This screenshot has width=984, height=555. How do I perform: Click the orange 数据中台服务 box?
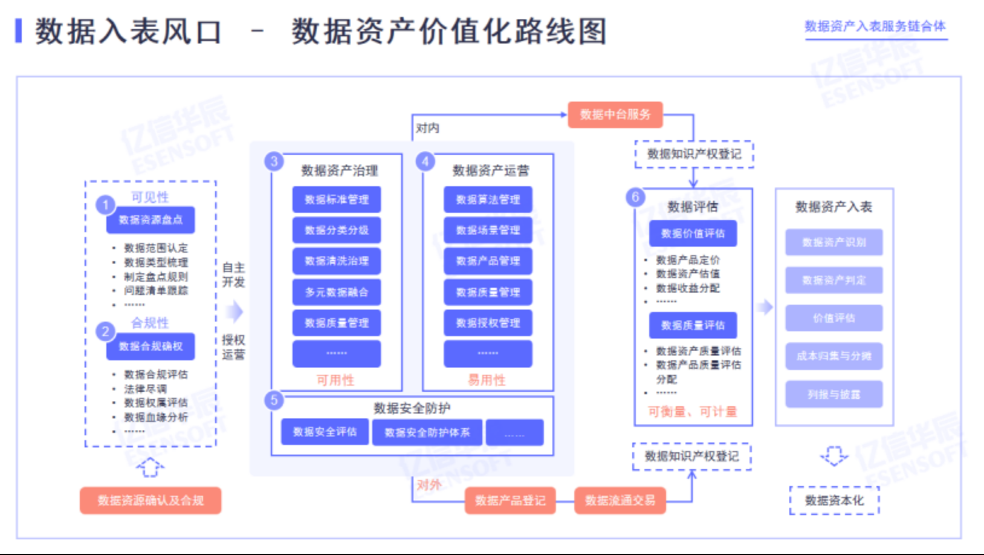pos(615,114)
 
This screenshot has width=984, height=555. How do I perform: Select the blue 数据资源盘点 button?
pos(151,220)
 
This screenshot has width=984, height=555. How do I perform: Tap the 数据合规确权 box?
pos(151,346)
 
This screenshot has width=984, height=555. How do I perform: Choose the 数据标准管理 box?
pos(337,200)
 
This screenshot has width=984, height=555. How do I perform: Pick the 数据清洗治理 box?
pos(337,261)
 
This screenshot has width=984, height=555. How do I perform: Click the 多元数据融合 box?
pos(337,292)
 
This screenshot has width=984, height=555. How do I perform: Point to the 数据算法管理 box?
pos(488,200)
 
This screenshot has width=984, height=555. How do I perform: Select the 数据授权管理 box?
pos(488,323)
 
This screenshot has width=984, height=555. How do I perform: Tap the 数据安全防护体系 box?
pos(427,432)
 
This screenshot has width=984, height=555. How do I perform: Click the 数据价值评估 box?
pos(693,233)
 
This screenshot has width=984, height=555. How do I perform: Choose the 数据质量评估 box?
pos(693,325)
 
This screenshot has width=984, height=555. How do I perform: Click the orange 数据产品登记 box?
pos(510,501)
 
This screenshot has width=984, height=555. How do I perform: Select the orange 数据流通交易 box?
pos(620,501)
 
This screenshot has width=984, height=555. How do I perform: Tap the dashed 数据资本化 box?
pos(834,501)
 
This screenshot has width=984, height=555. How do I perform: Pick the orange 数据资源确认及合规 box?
pos(151,501)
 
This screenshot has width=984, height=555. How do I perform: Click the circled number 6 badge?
pos(635,197)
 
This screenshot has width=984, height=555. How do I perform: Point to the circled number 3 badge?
pos(274,161)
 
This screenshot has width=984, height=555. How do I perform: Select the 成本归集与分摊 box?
pos(833,356)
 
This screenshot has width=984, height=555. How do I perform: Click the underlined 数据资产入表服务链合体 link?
pos(875,27)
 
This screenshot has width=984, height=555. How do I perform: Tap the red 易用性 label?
pos(487,380)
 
